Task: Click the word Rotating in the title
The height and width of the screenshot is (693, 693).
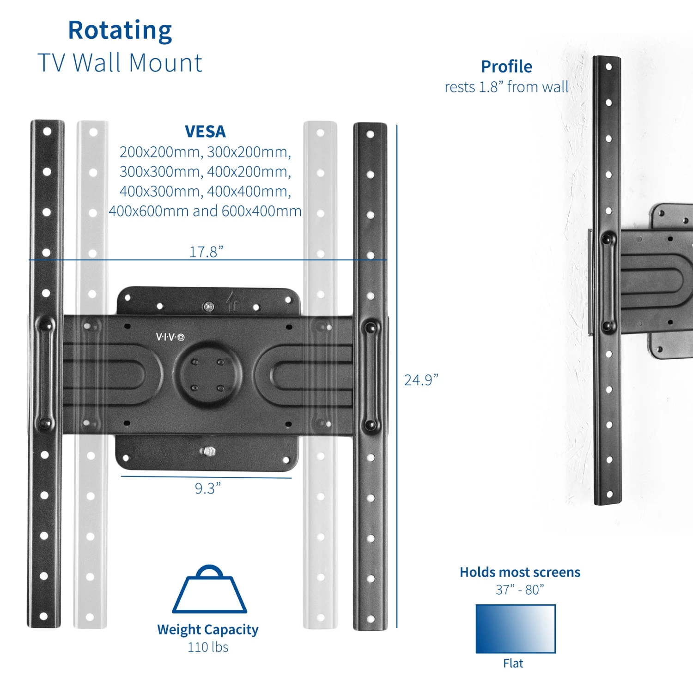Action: click(x=120, y=30)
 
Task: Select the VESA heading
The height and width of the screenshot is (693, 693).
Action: click(x=205, y=132)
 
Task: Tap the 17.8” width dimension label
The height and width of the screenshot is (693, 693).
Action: click(x=206, y=252)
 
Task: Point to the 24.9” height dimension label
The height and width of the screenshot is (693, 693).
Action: click(x=421, y=380)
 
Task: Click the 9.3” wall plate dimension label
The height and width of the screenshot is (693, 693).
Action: click(x=207, y=488)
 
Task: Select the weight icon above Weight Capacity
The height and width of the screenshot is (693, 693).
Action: click(x=209, y=590)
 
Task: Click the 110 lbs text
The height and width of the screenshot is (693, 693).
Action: click(x=208, y=647)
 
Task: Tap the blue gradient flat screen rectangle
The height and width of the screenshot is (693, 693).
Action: click(x=515, y=629)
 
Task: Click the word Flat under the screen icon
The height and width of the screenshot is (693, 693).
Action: click(x=513, y=663)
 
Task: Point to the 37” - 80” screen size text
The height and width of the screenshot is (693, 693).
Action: click(x=520, y=590)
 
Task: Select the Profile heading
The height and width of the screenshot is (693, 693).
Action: click(x=506, y=66)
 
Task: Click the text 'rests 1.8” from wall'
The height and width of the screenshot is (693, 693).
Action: click(x=506, y=87)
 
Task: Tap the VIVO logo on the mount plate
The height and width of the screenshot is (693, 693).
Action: click(x=170, y=337)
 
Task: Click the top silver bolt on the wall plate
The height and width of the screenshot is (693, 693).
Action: click(x=209, y=306)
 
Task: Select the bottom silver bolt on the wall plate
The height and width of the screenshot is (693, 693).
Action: click(x=208, y=451)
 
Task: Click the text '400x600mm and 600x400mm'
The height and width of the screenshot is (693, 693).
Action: click(x=205, y=211)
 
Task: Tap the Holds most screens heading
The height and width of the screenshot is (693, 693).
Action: click(x=520, y=572)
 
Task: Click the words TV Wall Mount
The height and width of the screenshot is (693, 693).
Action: click(x=120, y=63)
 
